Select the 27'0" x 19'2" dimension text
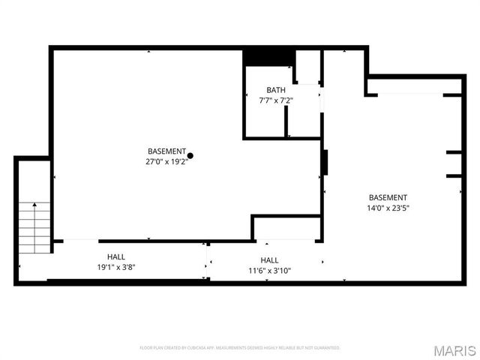(166, 160)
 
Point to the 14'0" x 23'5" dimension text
(388, 208)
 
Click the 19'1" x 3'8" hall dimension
(115, 266)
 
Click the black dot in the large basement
(190, 155)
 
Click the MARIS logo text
(457, 350)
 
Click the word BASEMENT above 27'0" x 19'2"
(166, 151)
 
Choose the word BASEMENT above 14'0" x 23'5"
(388, 198)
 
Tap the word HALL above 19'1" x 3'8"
(115, 256)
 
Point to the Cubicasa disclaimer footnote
(240, 348)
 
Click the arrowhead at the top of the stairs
(34, 204)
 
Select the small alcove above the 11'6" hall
(285, 228)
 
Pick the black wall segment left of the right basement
(325, 163)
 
